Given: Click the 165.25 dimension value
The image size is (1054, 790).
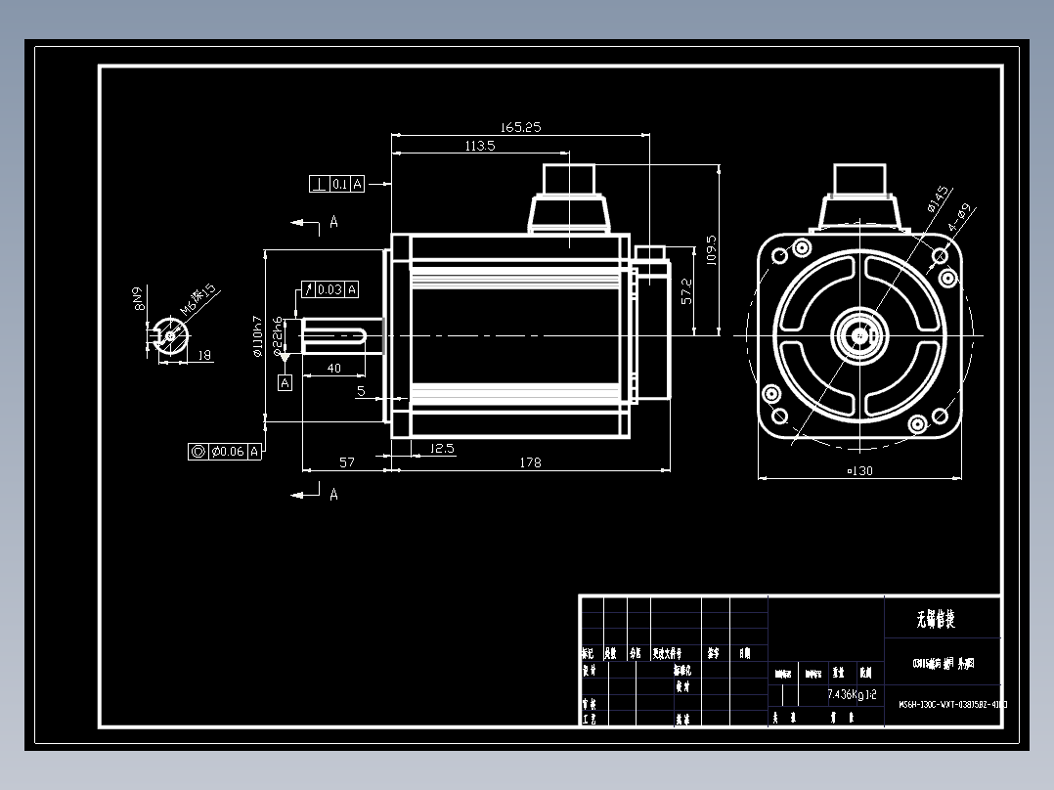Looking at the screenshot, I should [x=520, y=127].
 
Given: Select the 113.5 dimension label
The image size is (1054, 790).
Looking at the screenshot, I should [x=479, y=146].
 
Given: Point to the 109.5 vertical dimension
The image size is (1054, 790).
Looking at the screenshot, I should [x=712, y=249].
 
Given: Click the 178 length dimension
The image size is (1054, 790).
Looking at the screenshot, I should [x=530, y=462].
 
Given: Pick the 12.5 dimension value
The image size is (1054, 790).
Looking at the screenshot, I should [x=442, y=449].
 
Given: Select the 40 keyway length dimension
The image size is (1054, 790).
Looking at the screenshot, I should [x=333, y=369].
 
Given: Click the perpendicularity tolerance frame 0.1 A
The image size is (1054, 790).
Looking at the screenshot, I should [x=336, y=184].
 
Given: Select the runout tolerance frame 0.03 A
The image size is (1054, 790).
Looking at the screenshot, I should [x=328, y=288].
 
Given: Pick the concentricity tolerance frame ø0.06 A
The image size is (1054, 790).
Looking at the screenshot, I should [x=225, y=451].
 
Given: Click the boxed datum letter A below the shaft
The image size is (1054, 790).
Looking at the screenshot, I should [x=285, y=383].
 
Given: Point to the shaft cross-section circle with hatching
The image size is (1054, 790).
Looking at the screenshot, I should [x=170, y=335].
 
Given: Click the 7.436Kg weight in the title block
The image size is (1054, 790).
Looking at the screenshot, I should [x=846, y=694].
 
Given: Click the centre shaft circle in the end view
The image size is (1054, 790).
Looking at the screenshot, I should [x=859, y=334].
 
